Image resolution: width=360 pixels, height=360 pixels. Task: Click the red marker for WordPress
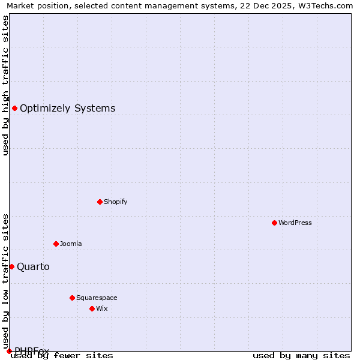274,223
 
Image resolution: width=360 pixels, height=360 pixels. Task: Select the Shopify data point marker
100,202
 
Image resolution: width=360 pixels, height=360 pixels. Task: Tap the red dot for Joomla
56,244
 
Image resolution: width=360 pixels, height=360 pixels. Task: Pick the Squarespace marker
72,298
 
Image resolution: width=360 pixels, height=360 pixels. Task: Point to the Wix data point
92,308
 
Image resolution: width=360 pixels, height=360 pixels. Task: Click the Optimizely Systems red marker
14,108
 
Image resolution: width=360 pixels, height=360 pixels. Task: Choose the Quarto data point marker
11,266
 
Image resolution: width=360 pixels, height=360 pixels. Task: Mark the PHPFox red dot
9,351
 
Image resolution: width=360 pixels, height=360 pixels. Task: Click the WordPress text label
295,223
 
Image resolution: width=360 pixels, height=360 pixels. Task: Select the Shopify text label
116,202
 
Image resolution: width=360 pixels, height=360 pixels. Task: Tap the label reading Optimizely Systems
67,109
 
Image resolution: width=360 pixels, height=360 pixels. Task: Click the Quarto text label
33,266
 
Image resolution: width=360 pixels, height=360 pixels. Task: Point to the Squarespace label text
97,298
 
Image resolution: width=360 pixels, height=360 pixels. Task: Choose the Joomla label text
71,244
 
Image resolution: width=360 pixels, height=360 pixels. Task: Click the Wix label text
102,308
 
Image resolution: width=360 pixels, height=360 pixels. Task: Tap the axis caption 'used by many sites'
301,356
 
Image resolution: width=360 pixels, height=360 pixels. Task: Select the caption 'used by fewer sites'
62,356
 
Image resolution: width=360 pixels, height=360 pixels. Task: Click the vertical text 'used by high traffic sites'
5,85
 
